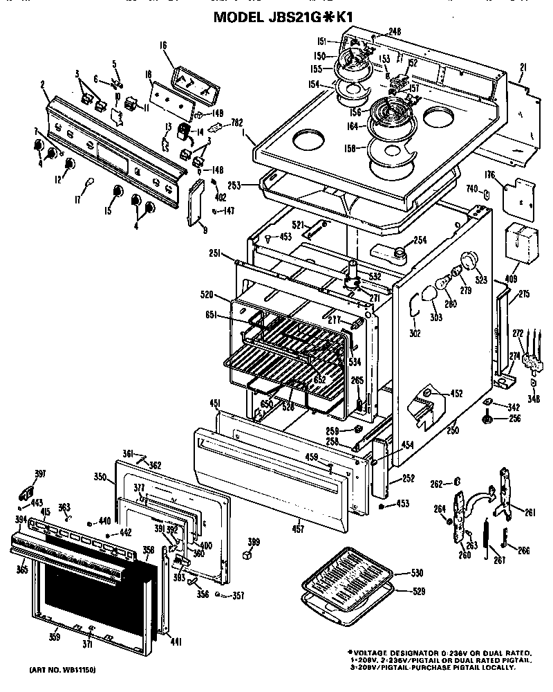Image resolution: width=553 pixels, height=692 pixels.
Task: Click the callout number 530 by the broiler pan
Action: [x=418, y=574]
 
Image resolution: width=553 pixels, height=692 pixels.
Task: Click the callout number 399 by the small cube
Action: [x=254, y=541]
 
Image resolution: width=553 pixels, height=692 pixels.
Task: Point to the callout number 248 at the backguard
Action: [x=395, y=31]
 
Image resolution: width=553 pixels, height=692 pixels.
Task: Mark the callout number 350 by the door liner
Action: [x=100, y=477]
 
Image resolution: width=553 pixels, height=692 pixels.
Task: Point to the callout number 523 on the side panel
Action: [x=482, y=280]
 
